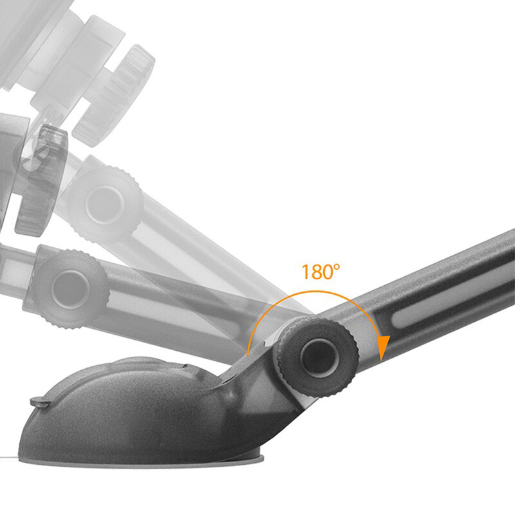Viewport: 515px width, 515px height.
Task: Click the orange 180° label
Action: (320, 271)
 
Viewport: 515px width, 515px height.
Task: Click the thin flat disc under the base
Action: (148, 460)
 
